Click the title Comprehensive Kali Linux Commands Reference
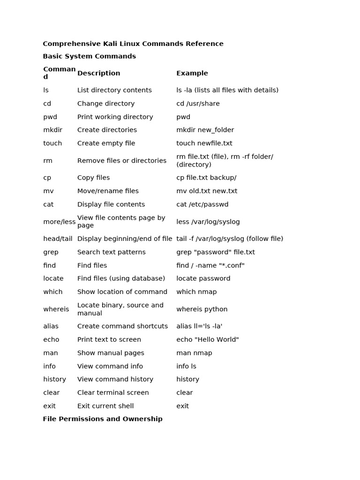point(133,44)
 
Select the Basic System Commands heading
point(89,56)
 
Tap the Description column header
point(98,73)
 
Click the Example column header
point(192,73)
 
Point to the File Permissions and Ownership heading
point(103,419)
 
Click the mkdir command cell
point(52,130)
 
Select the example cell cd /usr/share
point(198,104)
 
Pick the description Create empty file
point(106,143)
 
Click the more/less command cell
point(59,222)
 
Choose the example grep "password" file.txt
point(216,252)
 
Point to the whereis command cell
point(56,309)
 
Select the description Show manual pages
point(111,353)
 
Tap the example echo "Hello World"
point(208,339)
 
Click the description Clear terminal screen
point(113,393)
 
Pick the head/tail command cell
point(58,239)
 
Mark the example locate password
point(203,278)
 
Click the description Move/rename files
point(108,191)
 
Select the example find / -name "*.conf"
point(210,265)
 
